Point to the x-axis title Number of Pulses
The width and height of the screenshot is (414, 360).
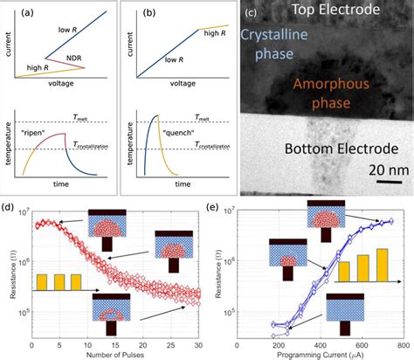(x=115, y=354)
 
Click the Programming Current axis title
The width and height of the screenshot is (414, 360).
(x=320, y=354)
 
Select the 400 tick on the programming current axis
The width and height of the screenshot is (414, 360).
(x=320, y=343)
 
